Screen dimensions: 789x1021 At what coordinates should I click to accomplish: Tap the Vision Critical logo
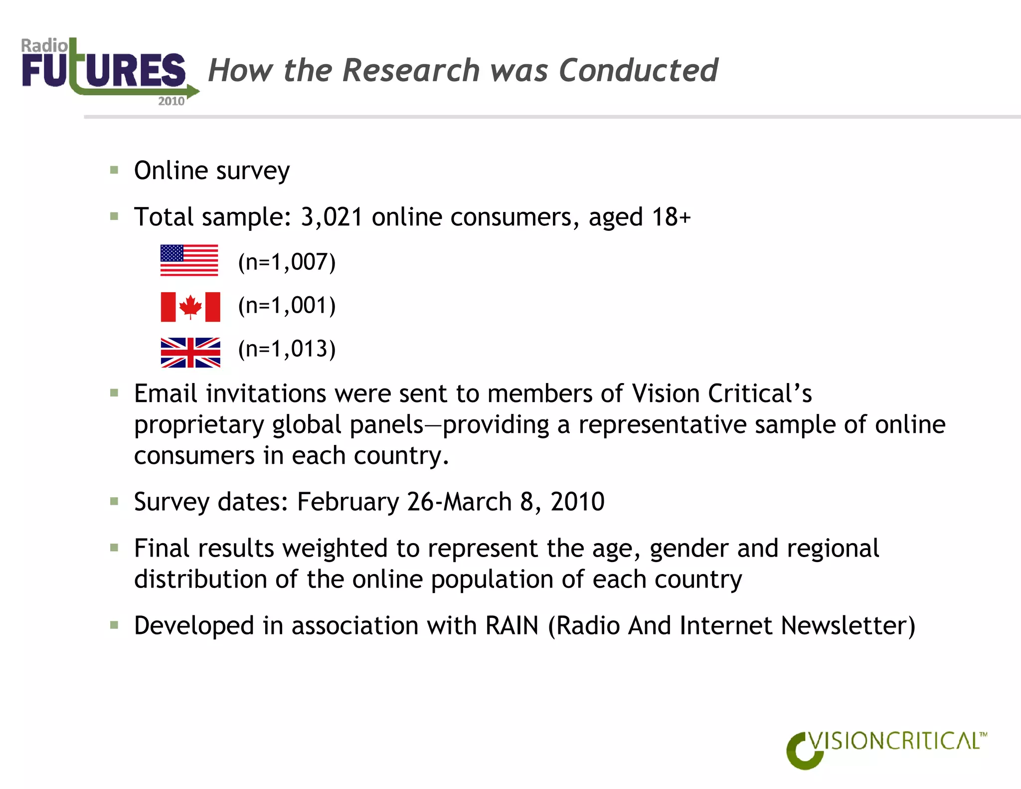click(x=886, y=748)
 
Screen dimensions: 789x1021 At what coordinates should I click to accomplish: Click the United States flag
click(x=189, y=260)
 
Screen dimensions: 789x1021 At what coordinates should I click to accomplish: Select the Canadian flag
click(x=190, y=307)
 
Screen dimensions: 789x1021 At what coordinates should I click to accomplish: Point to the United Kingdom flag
click(x=190, y=352)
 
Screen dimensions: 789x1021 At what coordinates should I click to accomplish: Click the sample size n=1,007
click(x=287, y=262)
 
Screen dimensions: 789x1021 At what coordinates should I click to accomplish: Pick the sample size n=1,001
click(x=287, y=306)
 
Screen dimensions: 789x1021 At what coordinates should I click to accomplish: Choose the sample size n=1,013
click(x=287, y=349)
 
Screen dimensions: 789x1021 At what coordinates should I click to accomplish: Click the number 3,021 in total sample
click(x=332, y=217)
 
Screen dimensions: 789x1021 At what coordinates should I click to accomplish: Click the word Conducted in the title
click(x=638, y=70)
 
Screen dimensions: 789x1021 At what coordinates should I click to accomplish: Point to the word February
click(x=347, y=502)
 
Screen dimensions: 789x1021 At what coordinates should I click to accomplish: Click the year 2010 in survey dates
click(x=577, y=502)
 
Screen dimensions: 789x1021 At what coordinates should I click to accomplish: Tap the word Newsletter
click(x=848, y=626)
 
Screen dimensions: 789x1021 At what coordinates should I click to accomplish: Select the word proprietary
click(x=199, y=425)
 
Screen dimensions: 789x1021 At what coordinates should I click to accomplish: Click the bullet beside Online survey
click(x=114, y=171)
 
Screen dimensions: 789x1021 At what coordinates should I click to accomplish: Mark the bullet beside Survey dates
click(x=114, y=501)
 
